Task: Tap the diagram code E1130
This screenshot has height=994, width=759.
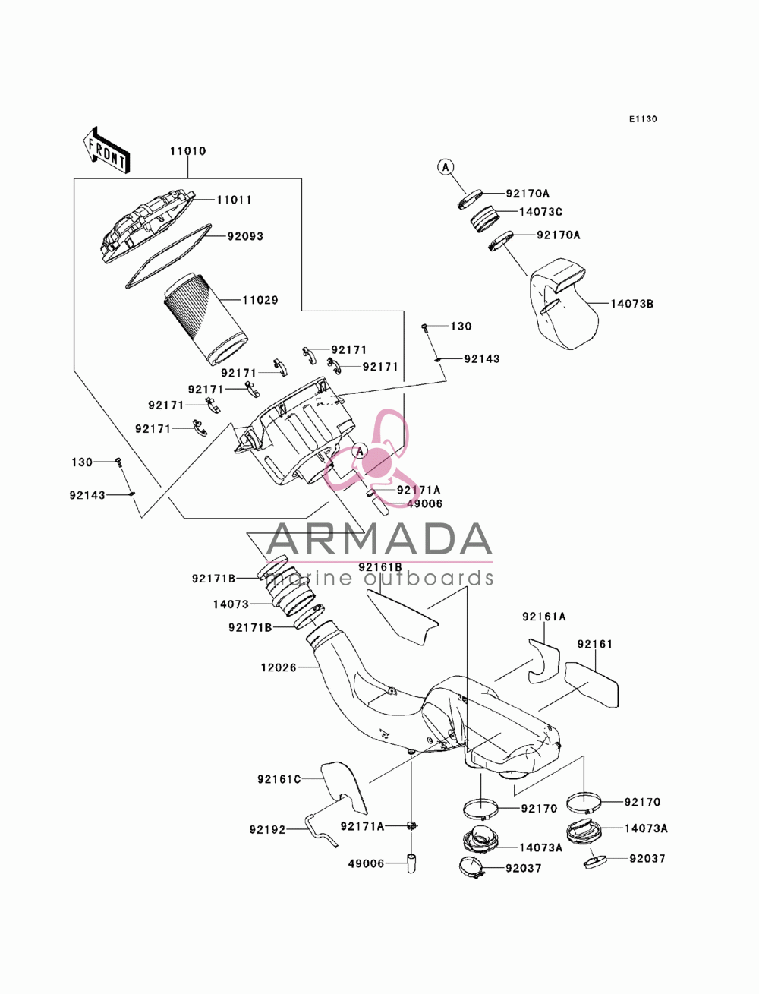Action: point(643,119)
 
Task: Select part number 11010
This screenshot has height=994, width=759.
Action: point(187,151)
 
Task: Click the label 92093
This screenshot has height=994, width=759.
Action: point(245,236)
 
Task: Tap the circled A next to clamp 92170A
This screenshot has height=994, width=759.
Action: point(446,167)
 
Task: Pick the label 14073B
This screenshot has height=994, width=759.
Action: point(631,304)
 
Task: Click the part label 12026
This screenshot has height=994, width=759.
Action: point(279,667)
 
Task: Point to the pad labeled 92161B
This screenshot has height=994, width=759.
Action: point(402,617)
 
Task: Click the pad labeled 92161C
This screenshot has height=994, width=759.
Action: point(344,787)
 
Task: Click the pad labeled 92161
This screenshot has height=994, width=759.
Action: point(592,684)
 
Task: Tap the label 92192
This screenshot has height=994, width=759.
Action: point(267,830)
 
